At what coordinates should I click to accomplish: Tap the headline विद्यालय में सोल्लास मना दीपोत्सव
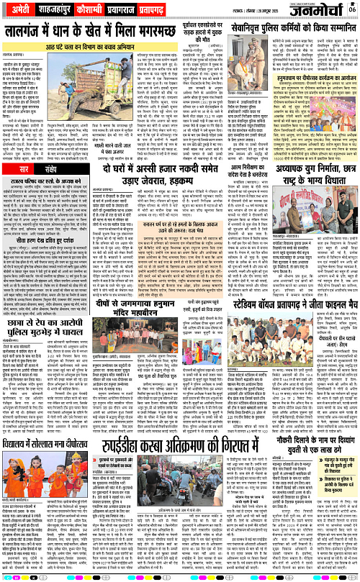[53, 465]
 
